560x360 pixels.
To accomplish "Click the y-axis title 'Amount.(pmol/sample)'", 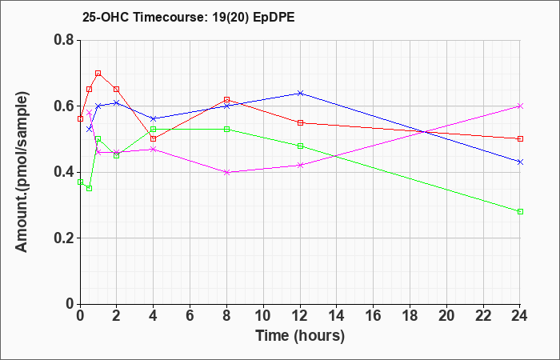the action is point(22,172).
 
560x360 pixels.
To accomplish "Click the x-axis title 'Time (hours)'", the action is point(300,336).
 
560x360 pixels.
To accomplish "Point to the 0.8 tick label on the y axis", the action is point(64,40).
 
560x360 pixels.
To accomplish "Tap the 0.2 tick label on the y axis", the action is point(64,238).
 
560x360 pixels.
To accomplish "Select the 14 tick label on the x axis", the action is point(337,316).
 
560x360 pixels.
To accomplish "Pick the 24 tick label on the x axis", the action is point(520,316).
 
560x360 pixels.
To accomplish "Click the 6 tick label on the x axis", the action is point(190,316).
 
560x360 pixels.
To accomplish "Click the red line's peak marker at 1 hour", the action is point(98,74).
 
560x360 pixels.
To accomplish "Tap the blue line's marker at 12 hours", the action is point(300,94).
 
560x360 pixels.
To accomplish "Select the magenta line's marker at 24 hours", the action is point(520,106).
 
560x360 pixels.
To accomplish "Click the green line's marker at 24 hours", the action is point(520,212).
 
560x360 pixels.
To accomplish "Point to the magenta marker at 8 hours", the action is point(226,172).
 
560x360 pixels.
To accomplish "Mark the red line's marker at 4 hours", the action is point(154,139).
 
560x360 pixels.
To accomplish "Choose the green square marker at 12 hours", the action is point(300,146).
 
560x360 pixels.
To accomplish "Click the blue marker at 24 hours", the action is point(520,162).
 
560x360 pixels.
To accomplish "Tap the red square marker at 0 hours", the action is point(80,119).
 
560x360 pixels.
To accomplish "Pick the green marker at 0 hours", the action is point(80,182).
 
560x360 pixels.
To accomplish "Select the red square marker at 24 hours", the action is point(520,139).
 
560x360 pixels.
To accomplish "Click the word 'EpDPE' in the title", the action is point(274,18).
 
